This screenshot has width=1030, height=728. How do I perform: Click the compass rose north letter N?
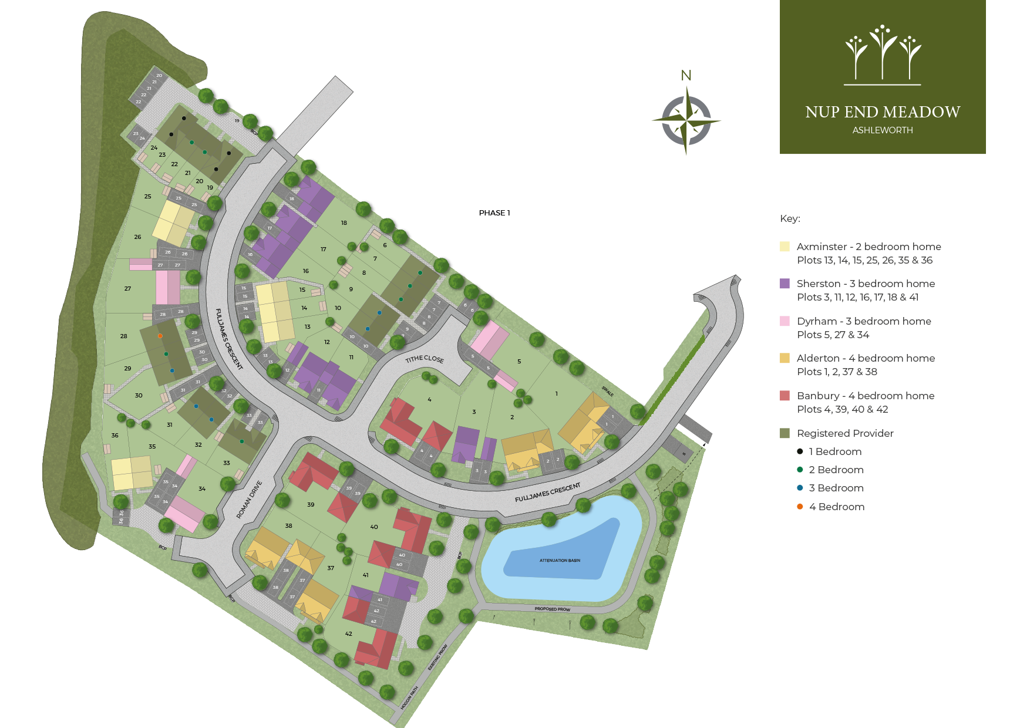[x=686, y=76]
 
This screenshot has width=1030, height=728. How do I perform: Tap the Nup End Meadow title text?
[x=882, y=112]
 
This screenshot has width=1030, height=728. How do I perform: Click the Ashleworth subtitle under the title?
[x=882, y=130]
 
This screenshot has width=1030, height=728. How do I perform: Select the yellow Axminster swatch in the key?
[x=785, y=247]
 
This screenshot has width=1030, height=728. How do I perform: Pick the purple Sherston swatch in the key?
[x=785, y=284]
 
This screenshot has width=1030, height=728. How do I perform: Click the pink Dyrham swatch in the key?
[x=785, y=321]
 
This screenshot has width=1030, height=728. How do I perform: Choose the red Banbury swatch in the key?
[x=785, y=396]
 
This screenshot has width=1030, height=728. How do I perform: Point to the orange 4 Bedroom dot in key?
[x=800, y=507]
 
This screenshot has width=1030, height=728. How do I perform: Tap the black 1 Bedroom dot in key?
[x=800, y=451]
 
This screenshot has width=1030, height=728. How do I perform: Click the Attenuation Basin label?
[x=560, y=561]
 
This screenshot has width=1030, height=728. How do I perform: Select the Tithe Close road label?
[x=425, y=359]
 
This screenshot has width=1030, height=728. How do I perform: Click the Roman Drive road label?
[x=249, y=500]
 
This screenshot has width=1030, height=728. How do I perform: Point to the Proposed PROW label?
[x=552, y=609]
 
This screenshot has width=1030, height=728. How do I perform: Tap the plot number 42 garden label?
[x=349, y=634]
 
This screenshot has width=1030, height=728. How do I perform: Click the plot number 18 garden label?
[x=344, y=223]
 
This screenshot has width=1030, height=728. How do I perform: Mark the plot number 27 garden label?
[x=127, y=289]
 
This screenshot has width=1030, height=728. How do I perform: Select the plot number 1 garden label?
[x=557, y=394]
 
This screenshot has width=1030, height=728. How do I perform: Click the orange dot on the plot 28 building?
[x=160, y=336]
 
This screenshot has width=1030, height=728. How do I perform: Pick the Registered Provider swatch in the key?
[x=785, y=433]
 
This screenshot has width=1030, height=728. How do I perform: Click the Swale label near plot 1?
[x=607, y=392]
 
